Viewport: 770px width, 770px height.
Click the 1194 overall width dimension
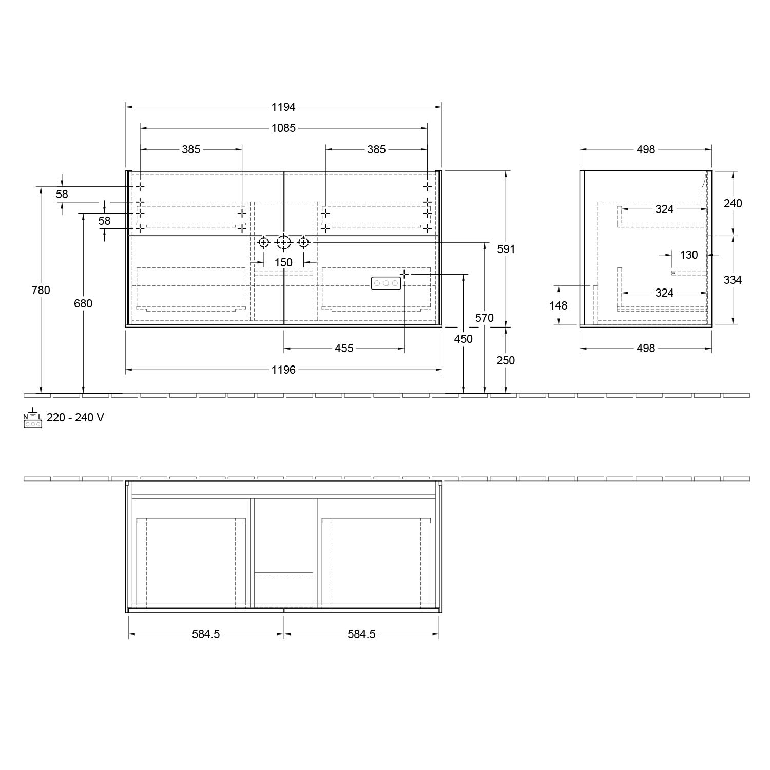tap(283, 107)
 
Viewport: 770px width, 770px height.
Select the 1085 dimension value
tap(283, 128)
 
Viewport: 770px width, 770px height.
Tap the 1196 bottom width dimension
tap(283, 370)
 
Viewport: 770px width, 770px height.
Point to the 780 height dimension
tap(41, 290)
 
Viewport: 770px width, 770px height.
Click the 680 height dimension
tap(83, 303)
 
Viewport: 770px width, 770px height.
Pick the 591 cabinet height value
tap(506, 249)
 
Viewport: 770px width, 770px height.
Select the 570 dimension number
tap(485, 318)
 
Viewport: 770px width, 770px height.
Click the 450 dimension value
tap(464, 339)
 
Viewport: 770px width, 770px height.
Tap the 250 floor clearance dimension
tap(506, 360)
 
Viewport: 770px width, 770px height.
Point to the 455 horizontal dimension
tap(344, 349)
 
